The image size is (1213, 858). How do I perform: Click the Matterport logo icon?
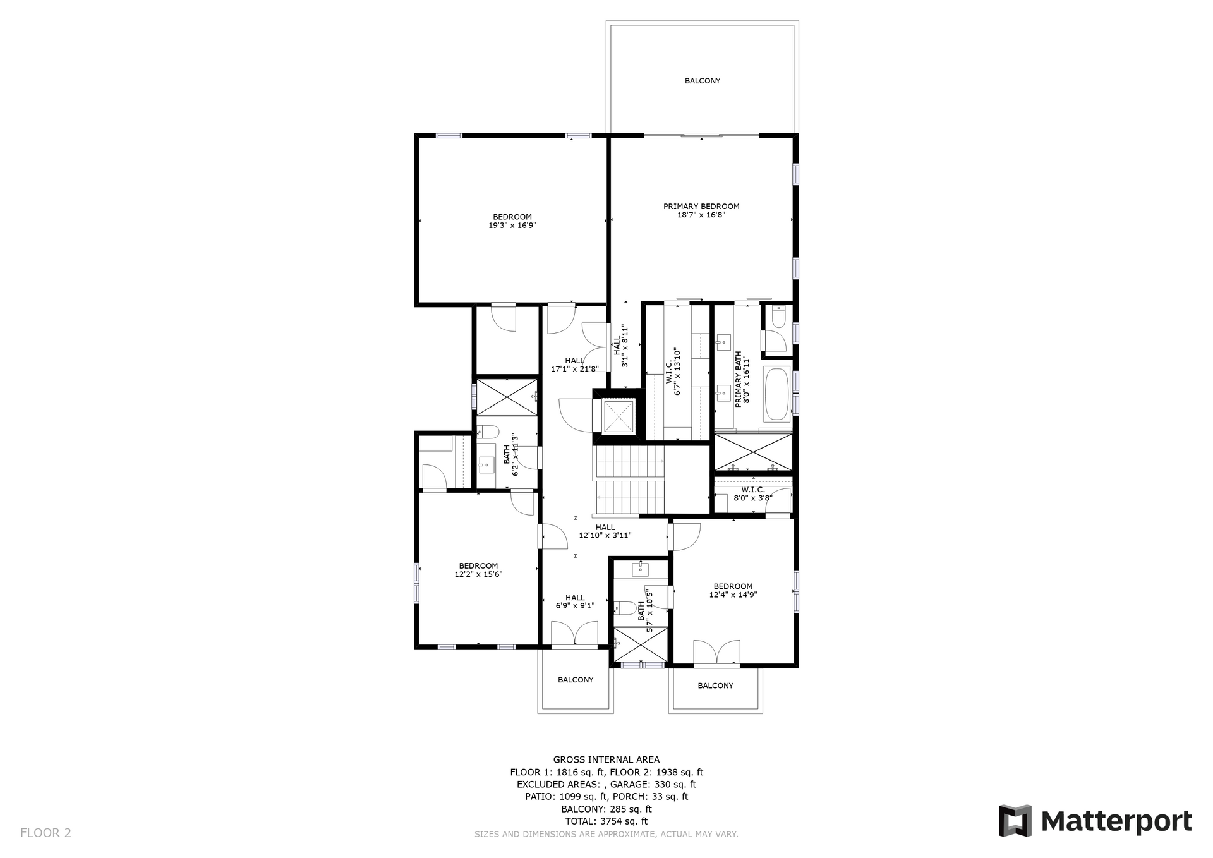click(1015, 821)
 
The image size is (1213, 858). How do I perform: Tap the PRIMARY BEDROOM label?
click(701, 207)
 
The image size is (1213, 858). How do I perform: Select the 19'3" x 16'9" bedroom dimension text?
click(512, 226)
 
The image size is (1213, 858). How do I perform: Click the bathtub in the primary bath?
click(776, 394)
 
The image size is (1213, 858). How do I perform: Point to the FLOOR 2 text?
click(45, 833)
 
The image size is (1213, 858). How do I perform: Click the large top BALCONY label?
click(703, 81)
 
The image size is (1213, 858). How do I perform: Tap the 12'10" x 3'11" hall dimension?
click(605, 536)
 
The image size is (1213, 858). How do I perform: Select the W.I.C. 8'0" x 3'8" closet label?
click(753, 493)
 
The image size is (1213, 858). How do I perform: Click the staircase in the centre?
click(629, 480)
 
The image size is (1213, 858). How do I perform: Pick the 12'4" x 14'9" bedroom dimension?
click(733, 595)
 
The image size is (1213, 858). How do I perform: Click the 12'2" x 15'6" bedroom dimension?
click(478, 574)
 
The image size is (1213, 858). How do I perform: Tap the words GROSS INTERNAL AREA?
click(606, 760)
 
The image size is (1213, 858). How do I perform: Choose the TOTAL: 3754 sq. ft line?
click(606, 821)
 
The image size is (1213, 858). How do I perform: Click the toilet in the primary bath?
click(778, 316)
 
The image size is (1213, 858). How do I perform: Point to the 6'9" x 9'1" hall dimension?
click(575, 606)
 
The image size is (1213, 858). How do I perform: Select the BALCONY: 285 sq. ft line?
click(606, 809)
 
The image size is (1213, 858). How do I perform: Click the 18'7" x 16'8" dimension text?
click(701, 215)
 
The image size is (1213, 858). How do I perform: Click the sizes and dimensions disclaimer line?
click(606, 835)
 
